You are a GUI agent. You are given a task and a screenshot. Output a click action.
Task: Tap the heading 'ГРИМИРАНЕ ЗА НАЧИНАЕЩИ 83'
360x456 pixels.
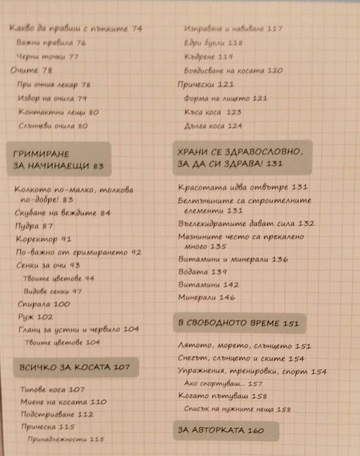coord(59,159)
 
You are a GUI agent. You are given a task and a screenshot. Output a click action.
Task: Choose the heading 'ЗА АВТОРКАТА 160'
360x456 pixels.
coord(220,430)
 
